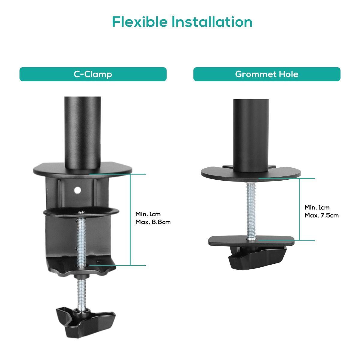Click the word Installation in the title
212,22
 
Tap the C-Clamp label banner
93,74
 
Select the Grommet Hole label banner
267,74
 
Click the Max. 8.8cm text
153,222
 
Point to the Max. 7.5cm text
322,215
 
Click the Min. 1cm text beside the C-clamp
148,214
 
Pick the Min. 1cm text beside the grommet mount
317,208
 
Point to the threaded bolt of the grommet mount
251,210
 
